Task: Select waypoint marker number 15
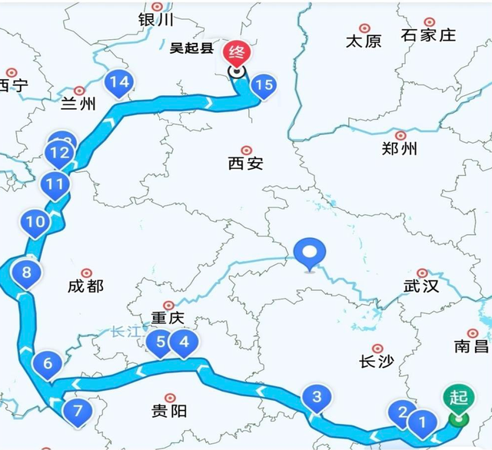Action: click(262, 86)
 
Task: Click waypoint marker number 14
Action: click(119, 82)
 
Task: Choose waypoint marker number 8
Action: click(27, 273)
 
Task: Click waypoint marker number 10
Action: click(35, 223)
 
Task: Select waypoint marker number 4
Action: click(183, 342)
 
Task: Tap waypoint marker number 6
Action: click(48, 364)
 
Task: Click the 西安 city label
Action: click(246, 163)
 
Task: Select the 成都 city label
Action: click(85, 286)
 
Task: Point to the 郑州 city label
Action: click(399, 149)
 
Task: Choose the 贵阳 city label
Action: click(168, 411)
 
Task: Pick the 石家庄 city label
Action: click(428, 35)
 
